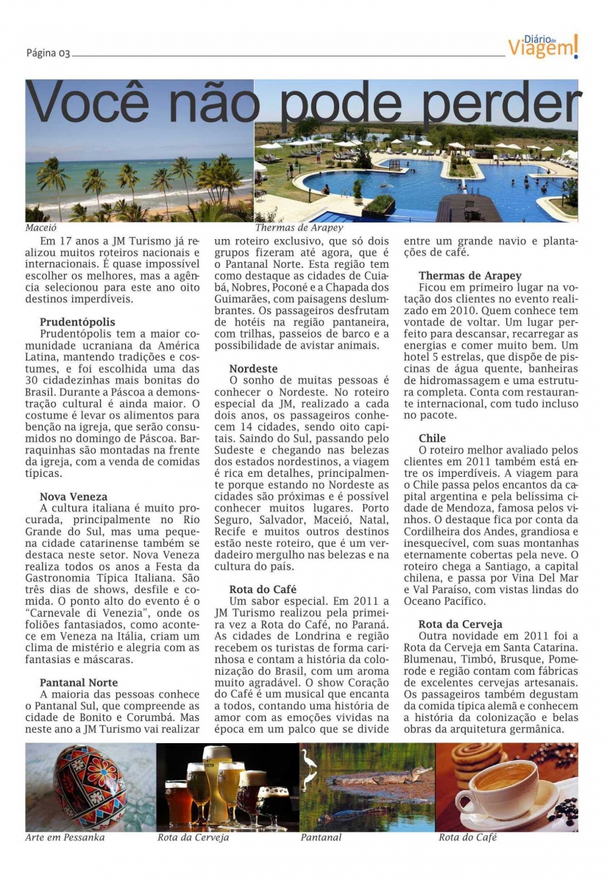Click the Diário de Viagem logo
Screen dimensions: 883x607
pyautogui.click(x=543, y=46)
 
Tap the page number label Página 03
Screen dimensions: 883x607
pyautogui.click(x=48, y=53)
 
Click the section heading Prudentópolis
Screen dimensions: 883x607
pyautogui.click(x=77, y=322)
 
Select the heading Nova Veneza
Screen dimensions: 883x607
pyautogui.click(x=74, y=497)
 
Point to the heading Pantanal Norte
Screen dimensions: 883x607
pyautogui.click(x=79, y=683)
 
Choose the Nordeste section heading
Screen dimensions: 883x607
pyautogui.click(x=253, y=368)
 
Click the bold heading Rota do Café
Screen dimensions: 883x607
pyautogui.click(x=263, y=589)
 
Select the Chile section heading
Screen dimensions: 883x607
pyautogui.click(x=432, y=439)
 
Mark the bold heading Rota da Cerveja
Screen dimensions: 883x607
pyautogui.click(x=461, y=624)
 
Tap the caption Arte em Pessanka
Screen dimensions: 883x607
pyautogui.click(x=65, y=837)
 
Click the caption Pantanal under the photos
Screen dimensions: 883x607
pyautogui.click(x=321, y=837)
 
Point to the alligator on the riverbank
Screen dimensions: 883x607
pyautogui.click(x=383, y=776)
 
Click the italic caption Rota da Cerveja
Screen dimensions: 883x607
pyautogui.click(x=193, y=837)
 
